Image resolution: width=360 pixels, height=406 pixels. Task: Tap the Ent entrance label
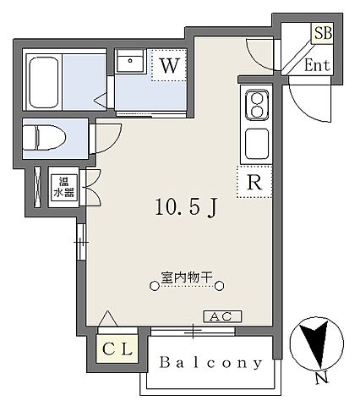point(316,64)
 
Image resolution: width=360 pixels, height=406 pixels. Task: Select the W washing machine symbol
point(166,64)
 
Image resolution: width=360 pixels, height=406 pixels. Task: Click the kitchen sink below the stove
point(254,144)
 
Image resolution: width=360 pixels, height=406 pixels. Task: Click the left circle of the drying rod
point(153,288)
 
